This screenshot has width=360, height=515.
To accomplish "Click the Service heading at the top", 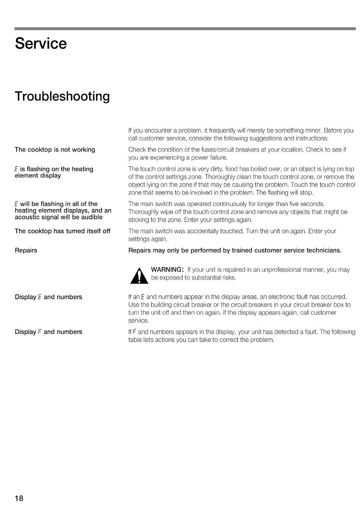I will (41, 44).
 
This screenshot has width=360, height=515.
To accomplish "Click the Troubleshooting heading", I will (62, 96).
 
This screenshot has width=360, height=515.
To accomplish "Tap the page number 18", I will (19, 498).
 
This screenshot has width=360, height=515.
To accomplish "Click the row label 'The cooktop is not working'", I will (55, 150).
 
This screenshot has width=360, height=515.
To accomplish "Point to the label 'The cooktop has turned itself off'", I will (63, 231).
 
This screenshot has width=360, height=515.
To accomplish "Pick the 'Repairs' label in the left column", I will (26, 250).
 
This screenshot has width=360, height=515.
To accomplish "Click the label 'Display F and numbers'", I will (49, 332).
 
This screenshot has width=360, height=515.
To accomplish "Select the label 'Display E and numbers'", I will (49, 297).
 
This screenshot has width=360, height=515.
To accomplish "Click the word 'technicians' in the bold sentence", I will (324, 250).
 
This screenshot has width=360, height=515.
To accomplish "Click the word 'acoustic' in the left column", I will (27, 217).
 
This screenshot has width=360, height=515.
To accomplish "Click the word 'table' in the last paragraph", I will (135, 340).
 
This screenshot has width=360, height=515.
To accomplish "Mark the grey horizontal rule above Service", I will (185, 28).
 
